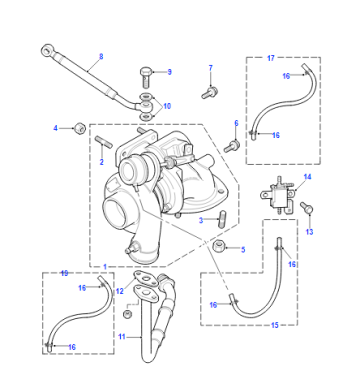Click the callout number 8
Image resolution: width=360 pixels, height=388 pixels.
(x=101, y=56)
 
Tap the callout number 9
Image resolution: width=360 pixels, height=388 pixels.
(x=169, y=72)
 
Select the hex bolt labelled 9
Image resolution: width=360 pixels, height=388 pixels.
(x=145, y=77)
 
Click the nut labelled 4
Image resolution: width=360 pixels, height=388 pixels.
(x=80, y=128)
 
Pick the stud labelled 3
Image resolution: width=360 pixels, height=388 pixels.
(x=222, y=219)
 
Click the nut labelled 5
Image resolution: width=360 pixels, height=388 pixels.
(x=219, y=247)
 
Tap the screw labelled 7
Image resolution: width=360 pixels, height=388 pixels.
(x=210, y=92)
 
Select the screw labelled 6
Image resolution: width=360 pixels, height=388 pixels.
(x=232, y=146)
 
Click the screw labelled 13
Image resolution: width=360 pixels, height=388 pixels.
(x=306, y=207)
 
